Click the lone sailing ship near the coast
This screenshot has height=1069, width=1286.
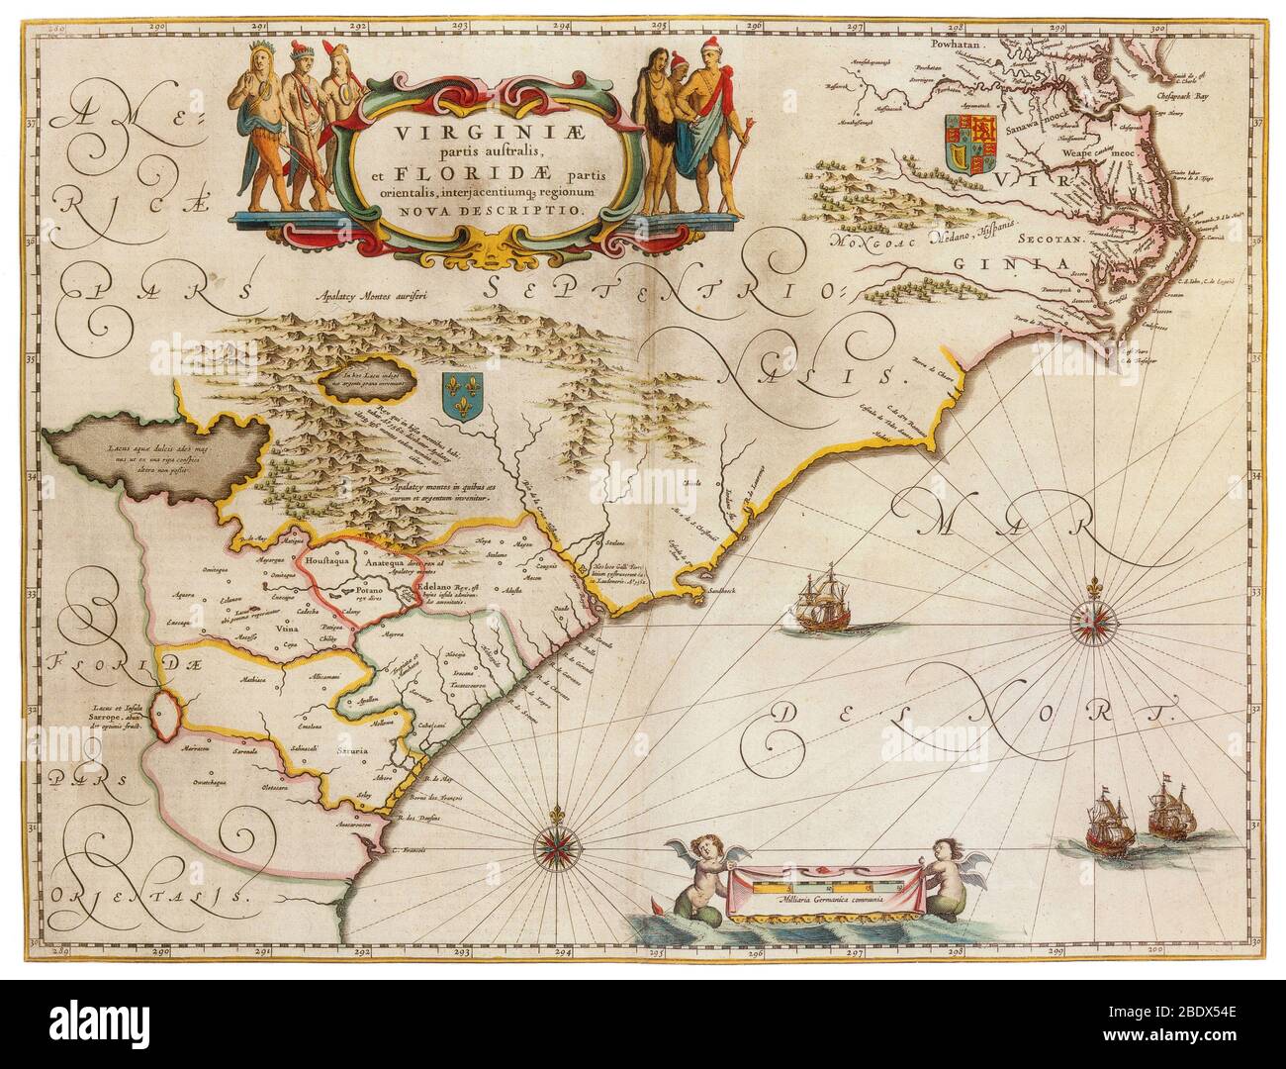(x=826, y=601)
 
